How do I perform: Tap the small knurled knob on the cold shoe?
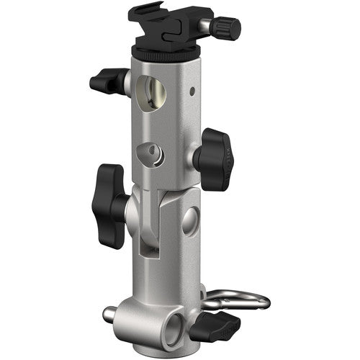(x=228, y=29)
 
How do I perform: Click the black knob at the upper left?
(x=105, y=81)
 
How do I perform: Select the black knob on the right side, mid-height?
(x=215, y=158)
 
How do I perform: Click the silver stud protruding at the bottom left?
(x=110, y=313)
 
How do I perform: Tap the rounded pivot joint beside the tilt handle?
(x=140, y=209)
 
